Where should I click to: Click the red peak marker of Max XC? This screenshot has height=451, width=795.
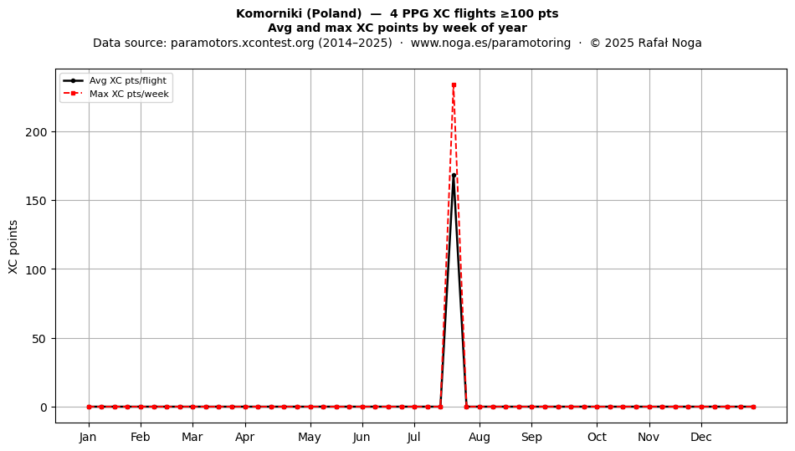tap(454, 85)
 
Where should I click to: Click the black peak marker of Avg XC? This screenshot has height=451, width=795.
tap(454, 176)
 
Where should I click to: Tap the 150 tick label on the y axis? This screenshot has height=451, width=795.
tap(36, 201)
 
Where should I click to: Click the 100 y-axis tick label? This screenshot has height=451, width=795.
tap(36, 269)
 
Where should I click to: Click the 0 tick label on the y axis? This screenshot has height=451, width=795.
tap(44, 407)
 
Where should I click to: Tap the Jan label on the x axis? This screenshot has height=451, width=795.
tap(88, 437)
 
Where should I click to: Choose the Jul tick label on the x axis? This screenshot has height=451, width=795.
tap(413, 437)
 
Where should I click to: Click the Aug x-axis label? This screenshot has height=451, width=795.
tap(480, 437)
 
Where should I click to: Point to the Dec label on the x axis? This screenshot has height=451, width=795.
tap(701, 437)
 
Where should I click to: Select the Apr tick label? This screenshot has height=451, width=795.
tap(245, 437)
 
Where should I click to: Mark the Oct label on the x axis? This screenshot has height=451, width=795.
tap(597, 437)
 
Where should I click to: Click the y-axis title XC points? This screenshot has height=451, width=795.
tap(13, 247)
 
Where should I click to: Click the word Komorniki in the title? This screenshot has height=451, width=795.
tap(269, 13)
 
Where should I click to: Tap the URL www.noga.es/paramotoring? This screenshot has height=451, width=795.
tap(490, 43)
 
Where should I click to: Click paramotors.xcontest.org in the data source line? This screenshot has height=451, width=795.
tap(243, 43)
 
